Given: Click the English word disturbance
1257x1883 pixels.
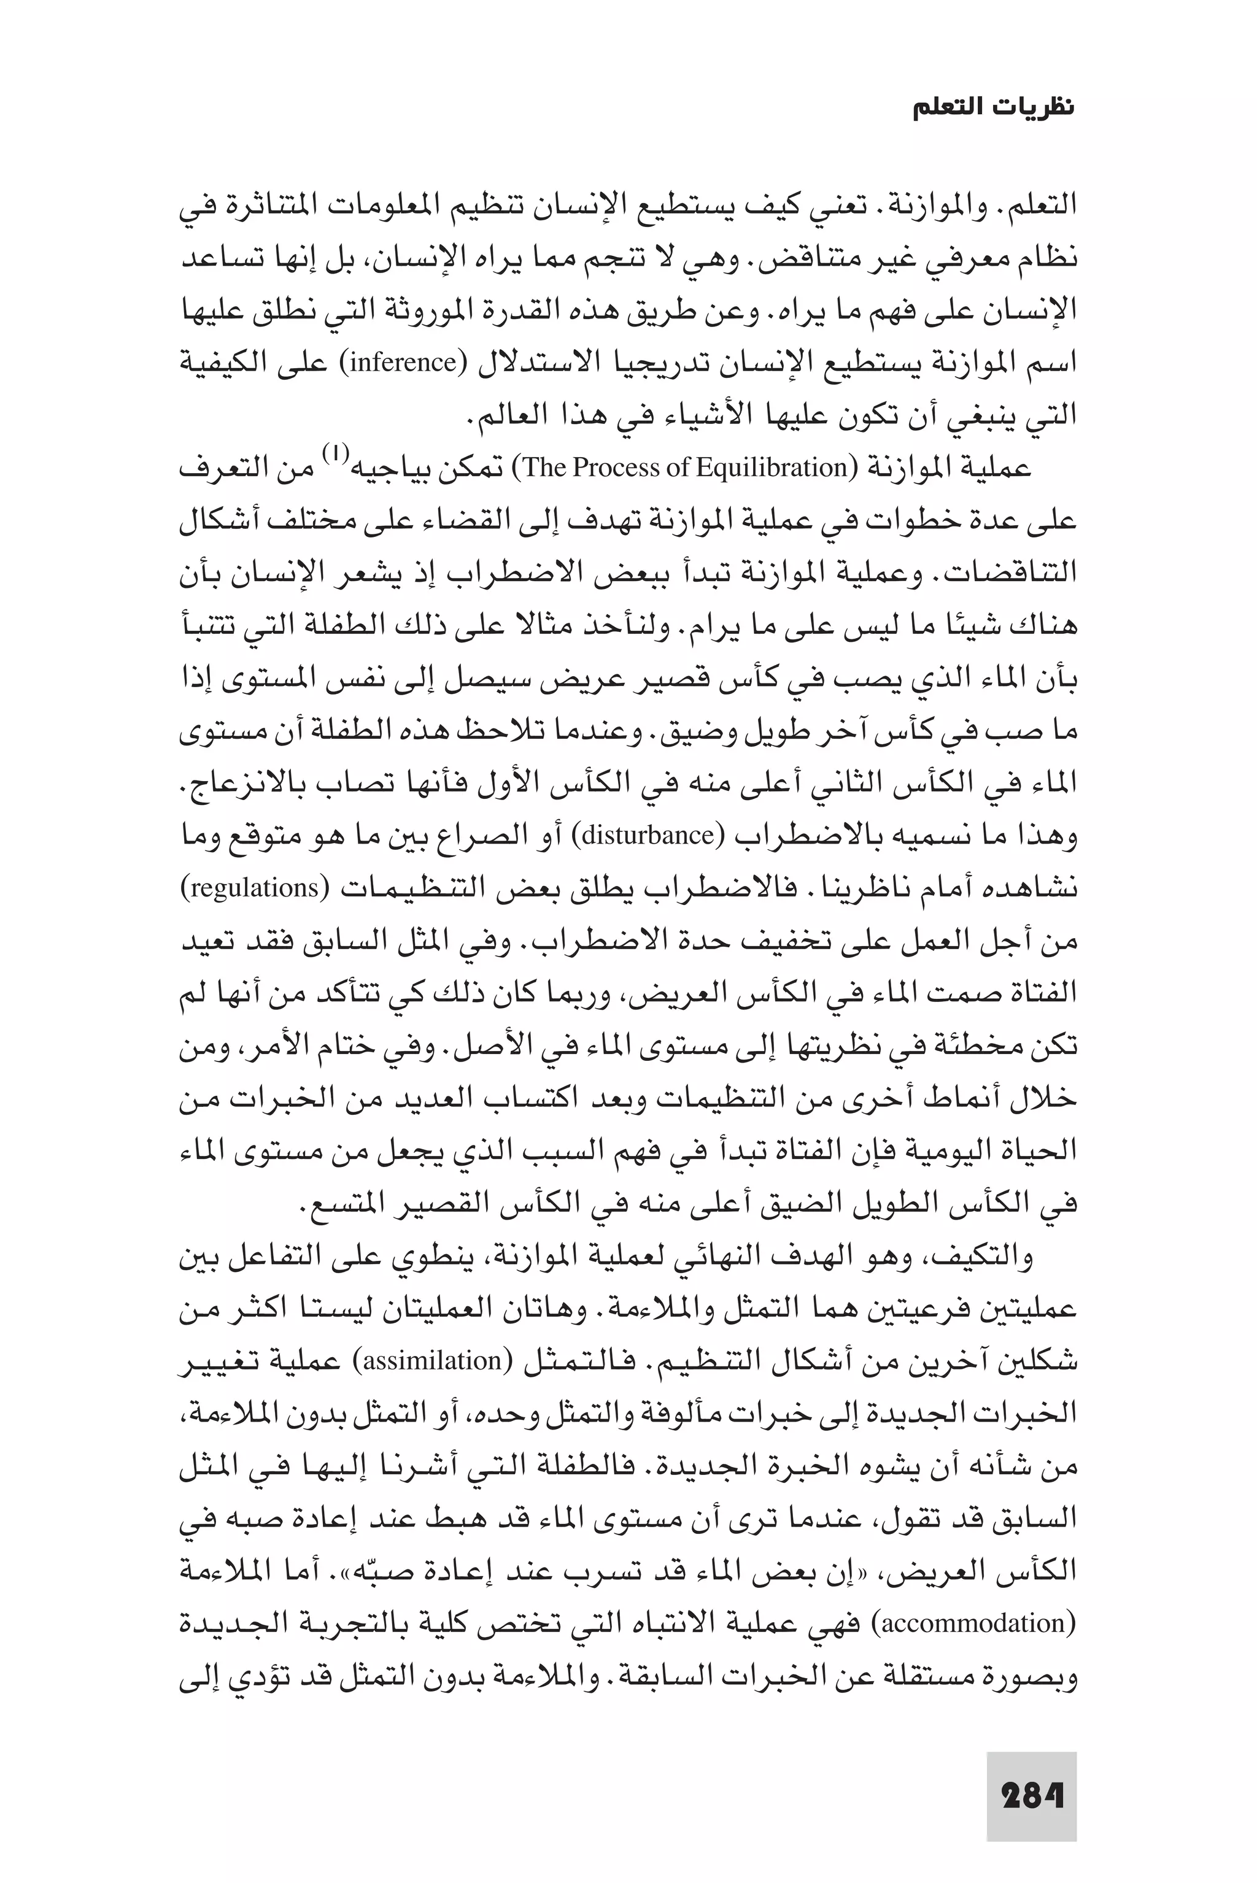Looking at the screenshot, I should [x=648, y=836].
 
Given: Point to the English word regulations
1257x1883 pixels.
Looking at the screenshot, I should [x=252, y=888].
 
